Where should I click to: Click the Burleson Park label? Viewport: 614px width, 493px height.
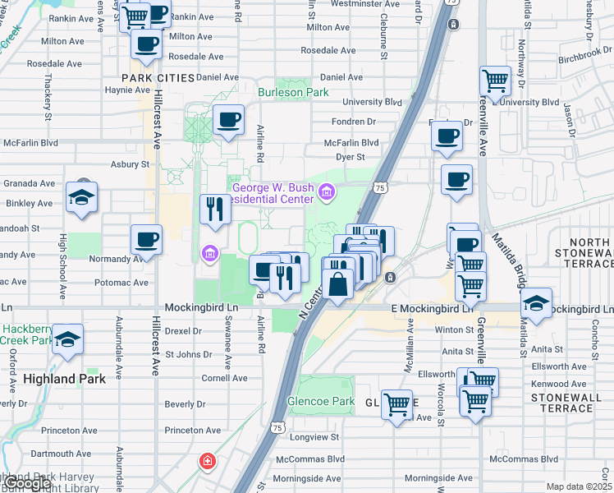point(293,93)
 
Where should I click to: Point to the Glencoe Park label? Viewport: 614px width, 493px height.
point(320,402)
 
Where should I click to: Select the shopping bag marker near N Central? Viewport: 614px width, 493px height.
point(337,284)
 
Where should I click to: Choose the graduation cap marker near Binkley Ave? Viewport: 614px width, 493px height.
point(82,197)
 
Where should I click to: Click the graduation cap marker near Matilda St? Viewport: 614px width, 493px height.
point(536,302)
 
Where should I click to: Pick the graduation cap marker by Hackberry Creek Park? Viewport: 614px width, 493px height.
point(67,339)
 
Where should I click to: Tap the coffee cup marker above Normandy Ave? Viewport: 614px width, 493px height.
point(147,240)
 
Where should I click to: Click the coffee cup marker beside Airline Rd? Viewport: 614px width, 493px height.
point(229,120)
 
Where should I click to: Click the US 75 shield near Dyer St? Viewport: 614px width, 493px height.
point(379,187)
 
